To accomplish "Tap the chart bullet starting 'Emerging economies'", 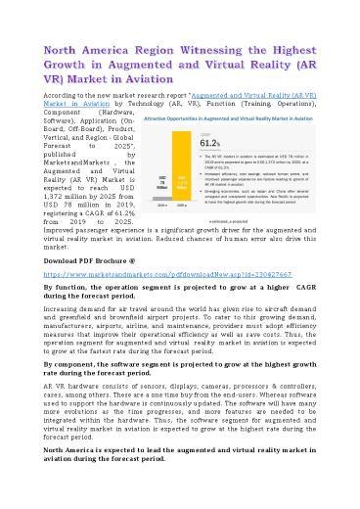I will [264, 197].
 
